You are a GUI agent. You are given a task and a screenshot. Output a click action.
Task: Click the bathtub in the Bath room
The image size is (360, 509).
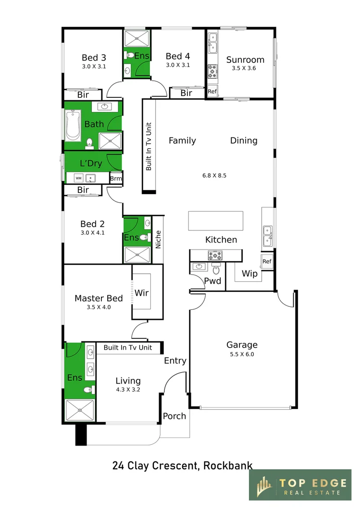tap(73, 126)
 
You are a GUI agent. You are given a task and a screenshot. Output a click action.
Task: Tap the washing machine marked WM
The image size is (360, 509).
tap(79, 178)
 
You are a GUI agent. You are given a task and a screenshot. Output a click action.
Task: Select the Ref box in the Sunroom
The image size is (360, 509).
tap(212, 91)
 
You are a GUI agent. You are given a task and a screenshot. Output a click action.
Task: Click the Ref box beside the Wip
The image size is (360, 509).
tap(267, 261)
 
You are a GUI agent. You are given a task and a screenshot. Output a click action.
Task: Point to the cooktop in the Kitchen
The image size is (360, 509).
tap(215, 255)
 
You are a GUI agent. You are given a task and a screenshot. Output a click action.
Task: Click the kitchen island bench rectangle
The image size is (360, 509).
tap(216, 221)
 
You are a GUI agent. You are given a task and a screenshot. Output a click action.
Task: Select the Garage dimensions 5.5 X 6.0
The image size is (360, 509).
tap(242, 354)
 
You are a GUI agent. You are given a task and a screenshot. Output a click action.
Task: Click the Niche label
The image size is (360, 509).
tap(158, 239)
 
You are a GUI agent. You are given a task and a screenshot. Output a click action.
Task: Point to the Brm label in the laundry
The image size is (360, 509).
tap(116, 178)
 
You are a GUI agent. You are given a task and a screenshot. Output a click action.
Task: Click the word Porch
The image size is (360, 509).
tap(174, 416)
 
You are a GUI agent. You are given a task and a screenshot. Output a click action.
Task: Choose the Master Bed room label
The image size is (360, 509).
tap(99, 298)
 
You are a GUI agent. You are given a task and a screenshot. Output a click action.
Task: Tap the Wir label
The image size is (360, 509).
tap(142, 293)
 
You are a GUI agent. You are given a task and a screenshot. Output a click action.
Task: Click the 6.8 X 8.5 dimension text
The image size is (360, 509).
tap(214, 175)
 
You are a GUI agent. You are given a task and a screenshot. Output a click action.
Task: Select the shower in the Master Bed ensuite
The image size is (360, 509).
tap(80, 411)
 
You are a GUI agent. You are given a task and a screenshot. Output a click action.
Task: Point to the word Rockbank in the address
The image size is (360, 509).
tap(228, 465)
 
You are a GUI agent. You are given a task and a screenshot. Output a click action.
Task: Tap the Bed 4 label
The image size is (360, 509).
tap(178, 56)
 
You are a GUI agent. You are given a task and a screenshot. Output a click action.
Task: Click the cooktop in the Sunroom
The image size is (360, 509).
tap(212, 72)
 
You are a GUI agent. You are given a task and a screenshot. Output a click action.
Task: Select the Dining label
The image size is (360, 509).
tap(244, 141)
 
